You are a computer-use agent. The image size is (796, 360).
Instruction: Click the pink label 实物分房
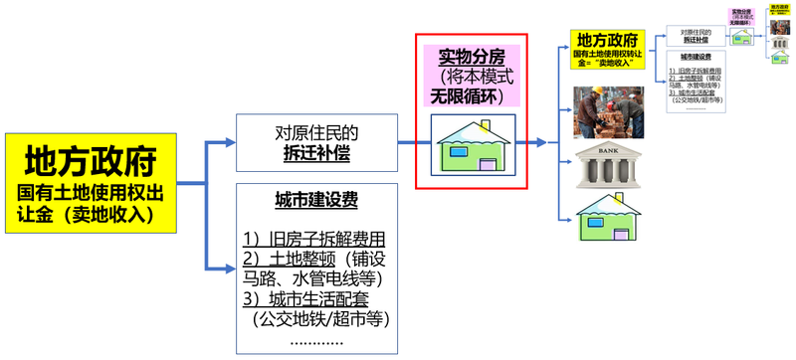(x=471, y=57)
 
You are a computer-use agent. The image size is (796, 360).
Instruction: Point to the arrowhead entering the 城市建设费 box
(x=230, y=270)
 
